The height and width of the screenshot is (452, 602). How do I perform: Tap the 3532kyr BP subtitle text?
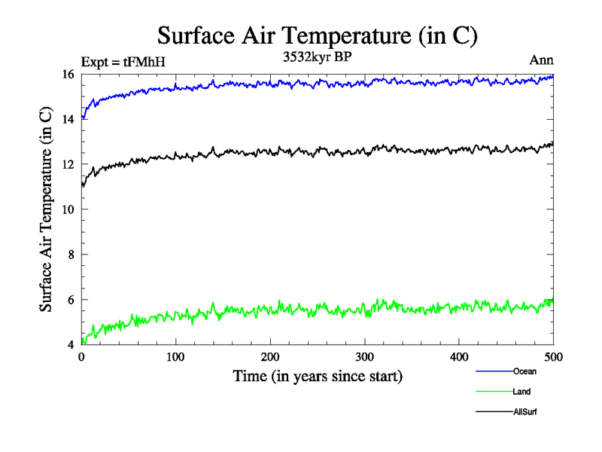[x=318, y=56]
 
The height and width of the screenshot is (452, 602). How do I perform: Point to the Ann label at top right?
[x=542, y=63]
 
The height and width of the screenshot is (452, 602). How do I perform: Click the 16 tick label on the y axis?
[x=68, y=74]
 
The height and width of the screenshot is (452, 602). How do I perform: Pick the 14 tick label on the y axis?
[x=68, y=119]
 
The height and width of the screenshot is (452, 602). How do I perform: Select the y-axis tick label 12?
[x=68, y=164]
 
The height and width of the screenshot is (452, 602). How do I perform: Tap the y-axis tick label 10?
[x=68, y=209]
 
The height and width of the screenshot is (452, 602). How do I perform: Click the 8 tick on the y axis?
[x=70, y=255]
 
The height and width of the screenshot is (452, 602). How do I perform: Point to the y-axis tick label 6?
[x=70, y=300]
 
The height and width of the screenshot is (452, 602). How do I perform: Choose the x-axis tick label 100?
[x=175, y=358]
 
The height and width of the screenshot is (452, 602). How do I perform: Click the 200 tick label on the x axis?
[x=270, y=358]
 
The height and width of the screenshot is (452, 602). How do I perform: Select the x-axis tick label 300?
[x=364, y=358]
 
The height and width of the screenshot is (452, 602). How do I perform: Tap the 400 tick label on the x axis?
[x=459, y=358]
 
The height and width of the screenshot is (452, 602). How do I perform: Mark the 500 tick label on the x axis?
[x=553, y=358]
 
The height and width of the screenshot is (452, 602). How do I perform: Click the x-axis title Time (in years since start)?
[x=318, y=376]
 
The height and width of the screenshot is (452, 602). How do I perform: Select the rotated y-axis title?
[x=46, y=209]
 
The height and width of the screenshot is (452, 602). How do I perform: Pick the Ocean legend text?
[x=524, y=371]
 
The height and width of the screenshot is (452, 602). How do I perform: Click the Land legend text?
[x=522, y=392]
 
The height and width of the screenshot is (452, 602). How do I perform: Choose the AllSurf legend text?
[x=525, y=412]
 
